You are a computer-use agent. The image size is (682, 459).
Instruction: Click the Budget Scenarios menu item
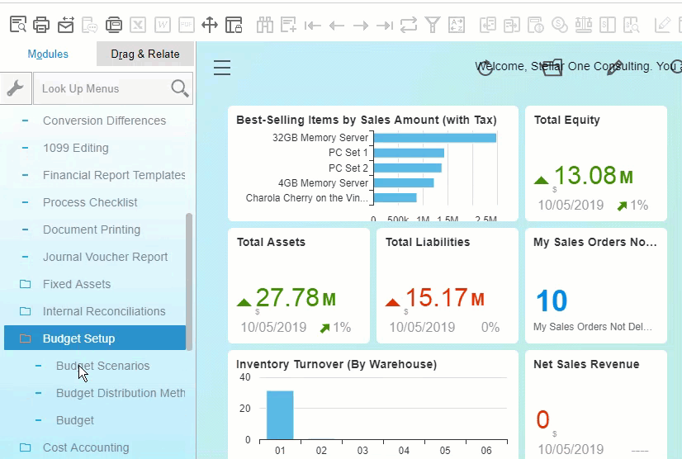coord(102,366)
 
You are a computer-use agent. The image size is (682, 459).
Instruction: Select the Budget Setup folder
coord(78,338)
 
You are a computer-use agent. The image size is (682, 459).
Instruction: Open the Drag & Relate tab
coord(145,54)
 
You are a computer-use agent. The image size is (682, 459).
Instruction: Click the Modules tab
coord(48,54)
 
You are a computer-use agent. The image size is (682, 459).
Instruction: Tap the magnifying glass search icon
coord(179,88)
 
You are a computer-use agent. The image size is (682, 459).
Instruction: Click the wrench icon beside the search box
coord(16,88)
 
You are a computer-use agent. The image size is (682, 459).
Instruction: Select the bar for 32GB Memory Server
coord(434,138)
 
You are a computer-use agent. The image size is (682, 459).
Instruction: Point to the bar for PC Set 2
coord(407,168)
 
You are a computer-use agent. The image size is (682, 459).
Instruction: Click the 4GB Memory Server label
coord(323,182)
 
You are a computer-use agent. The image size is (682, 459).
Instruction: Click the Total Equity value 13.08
coord(585,176)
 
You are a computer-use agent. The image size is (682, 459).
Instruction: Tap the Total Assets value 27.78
coord(287,298)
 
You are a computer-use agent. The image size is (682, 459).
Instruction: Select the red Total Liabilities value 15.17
coord(436,298)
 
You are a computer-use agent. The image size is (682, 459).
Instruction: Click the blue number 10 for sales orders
coord(551,301)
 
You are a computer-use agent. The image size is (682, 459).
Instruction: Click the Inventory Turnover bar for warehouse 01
coord(280,415)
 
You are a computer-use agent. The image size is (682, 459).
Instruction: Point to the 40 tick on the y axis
coord(244,377)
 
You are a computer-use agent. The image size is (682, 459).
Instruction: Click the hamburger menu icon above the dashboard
coord(222,68)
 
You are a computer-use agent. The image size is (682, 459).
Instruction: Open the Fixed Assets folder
coord(76,284)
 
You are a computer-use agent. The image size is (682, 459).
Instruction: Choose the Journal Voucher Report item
coord(105,257)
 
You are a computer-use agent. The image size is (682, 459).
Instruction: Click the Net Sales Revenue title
coord(586,364)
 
